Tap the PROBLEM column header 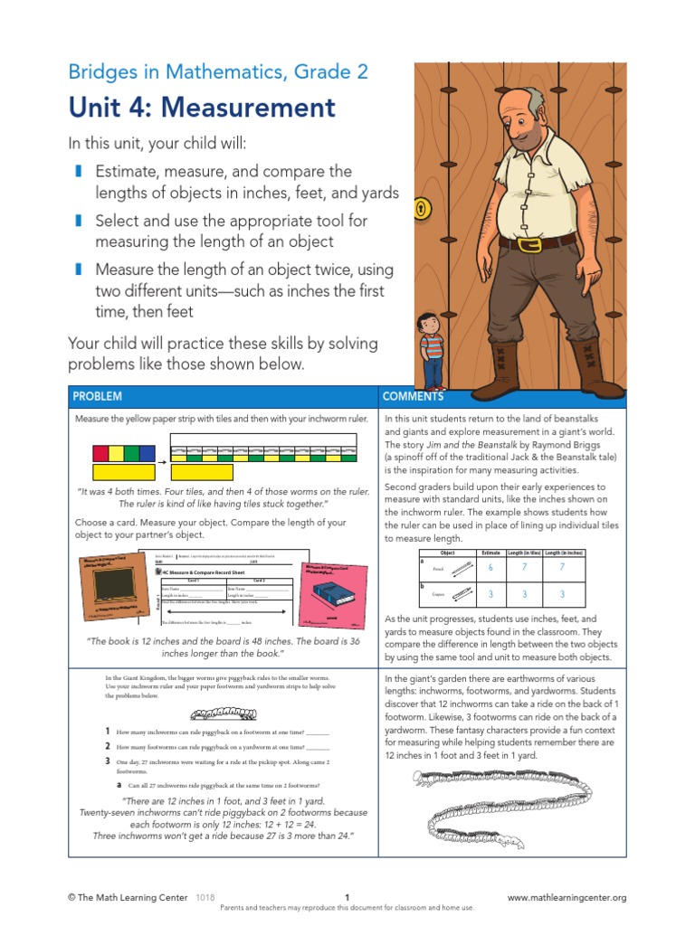[x=98, y=396]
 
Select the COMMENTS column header [x=413, y=396]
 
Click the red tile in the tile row [x=100, y=453]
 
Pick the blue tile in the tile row [x=148, y=453]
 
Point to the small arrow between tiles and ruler [x=163, y=461]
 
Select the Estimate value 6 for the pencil [x=490, y=567]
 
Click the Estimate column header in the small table [x=490, y=553]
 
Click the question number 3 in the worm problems [x=107, y=762]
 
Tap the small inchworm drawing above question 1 [x=217, y=713]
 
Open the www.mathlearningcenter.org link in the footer [x=566, y=898]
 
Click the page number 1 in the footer [x=347, y=898]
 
